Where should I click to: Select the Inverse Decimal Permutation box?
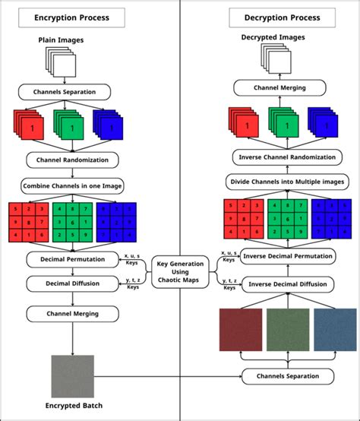287,256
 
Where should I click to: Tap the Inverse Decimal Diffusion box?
287,284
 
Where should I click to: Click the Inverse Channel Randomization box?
287,157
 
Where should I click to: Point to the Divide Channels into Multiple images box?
287,182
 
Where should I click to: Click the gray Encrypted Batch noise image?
72,376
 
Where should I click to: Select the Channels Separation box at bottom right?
287,376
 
